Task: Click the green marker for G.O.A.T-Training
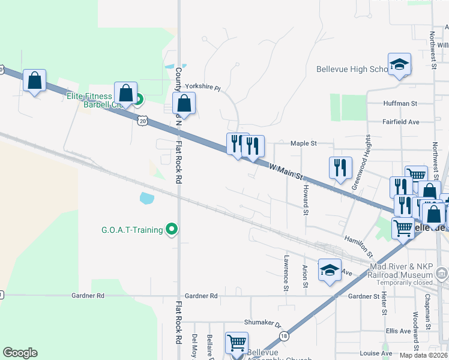172,229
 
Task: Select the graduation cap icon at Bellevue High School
399,65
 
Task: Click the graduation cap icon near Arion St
329,270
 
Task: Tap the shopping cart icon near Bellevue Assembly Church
237,343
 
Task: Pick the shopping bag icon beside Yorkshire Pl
185,104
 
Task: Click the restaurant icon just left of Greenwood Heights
340,167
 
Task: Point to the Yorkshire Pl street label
202,87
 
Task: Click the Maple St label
303,143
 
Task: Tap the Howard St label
306,200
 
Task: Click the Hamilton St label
358,247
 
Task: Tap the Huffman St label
401,103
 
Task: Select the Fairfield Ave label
401,122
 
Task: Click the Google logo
20,353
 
